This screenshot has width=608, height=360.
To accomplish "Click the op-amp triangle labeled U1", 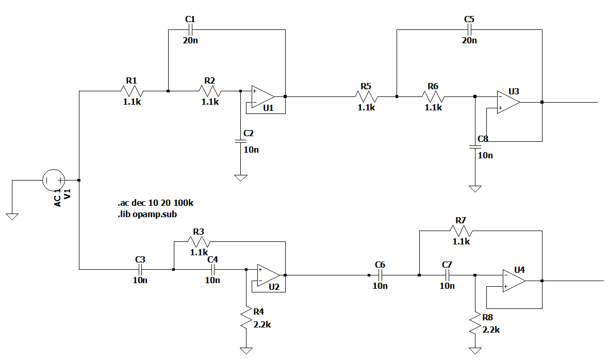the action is [262, 96].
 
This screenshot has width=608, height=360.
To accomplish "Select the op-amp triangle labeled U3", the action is [508, 103].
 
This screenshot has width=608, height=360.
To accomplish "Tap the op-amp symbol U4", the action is [514, 281].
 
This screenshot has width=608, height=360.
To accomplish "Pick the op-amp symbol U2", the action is [268, 275].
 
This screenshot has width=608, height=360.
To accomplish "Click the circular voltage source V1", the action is [54, 181].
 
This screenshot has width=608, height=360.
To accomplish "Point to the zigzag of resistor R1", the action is [132, 92].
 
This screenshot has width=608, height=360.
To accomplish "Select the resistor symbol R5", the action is [367, 96].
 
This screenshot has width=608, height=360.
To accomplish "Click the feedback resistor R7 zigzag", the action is [461, 231].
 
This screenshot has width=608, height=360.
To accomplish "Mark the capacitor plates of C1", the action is [190, 29].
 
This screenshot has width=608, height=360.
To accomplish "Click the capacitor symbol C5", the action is [470, 29].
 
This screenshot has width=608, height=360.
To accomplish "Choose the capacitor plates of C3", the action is [140, 269].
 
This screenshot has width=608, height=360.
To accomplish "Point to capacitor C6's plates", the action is [380, 275].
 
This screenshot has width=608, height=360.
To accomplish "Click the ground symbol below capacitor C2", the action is [240, 178].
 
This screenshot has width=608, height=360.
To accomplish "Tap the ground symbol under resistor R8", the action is [475, 351].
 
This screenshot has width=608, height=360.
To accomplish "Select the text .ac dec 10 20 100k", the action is [156, 203].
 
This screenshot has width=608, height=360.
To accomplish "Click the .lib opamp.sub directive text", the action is [147, 214].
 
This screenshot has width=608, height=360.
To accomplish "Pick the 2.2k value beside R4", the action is [262, 325].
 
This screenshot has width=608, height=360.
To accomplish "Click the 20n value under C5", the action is [469, 40].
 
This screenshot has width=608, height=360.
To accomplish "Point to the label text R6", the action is [433, 86].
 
